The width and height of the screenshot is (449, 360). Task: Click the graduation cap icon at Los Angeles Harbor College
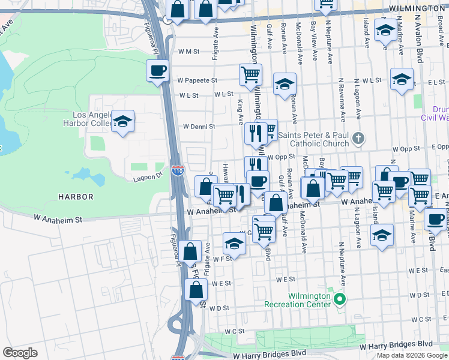point(123,121)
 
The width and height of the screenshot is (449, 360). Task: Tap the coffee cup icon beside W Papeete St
point(157,71)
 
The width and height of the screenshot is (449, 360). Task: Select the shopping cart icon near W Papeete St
point(250,74)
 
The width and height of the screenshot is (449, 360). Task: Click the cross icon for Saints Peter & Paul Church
point(358,139)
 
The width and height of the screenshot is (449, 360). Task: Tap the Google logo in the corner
point(20,353)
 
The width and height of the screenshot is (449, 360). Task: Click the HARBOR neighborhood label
point(76,197)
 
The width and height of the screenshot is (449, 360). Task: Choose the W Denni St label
point(199,127)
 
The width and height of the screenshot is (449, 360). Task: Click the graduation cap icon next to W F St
point(234,244)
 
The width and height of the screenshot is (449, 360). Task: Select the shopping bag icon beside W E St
point(197,291)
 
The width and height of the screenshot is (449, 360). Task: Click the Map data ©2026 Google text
point(411,355)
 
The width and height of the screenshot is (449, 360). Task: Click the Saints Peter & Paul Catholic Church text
point(319,139)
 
